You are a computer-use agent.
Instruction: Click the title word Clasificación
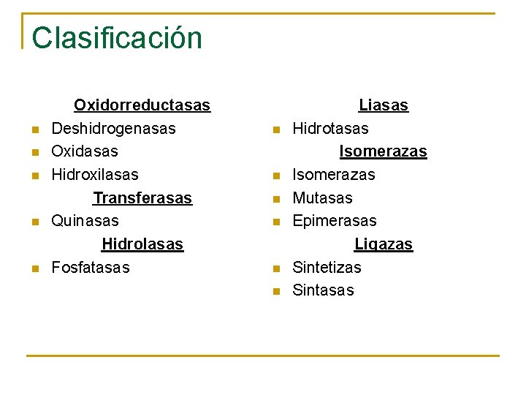117,38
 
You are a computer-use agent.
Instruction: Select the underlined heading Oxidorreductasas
142,105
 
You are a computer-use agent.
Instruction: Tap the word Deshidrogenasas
113,129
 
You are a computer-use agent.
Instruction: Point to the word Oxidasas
84,151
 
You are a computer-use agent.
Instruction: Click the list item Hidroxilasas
94,175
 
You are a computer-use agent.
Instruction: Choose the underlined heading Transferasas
142,198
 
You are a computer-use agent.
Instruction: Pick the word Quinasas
85,221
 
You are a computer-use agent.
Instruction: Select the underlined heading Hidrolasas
142,244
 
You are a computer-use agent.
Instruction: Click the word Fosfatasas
90,268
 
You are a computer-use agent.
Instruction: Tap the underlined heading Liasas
384,105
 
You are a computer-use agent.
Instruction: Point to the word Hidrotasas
330,129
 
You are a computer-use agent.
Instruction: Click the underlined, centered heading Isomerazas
383,151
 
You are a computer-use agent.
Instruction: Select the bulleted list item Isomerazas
333,175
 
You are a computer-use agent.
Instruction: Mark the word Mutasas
322,198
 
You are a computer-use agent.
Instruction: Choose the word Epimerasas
335,221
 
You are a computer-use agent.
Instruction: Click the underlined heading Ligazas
384,244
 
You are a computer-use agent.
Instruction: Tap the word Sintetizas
327,268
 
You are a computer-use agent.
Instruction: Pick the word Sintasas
323,290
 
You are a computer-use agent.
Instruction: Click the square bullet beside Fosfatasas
34,269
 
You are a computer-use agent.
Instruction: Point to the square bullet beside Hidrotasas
275,130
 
